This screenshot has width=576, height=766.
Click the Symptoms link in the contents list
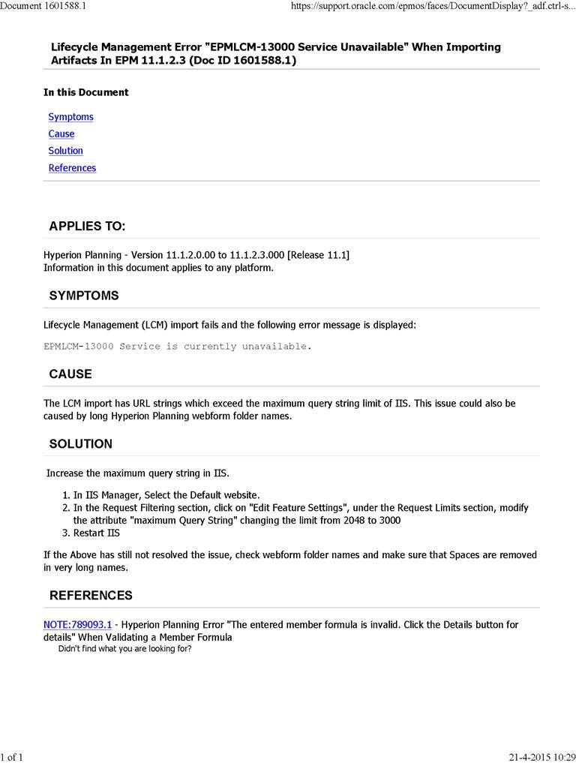[70, 117]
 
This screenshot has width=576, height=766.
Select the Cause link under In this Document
[61, 134]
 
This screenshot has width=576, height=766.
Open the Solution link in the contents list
[65, 151]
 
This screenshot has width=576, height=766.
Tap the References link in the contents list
[72, 168]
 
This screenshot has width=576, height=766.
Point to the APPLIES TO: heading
[87, 227]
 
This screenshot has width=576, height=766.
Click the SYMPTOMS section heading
[84, 296]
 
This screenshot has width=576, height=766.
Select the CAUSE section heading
[70, 374]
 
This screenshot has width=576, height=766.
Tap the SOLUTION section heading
[81, 443]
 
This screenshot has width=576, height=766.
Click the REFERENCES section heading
[91, 596]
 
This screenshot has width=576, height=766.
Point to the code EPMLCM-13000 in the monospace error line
[79, 347]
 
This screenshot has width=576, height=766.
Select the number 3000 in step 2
[388, 521]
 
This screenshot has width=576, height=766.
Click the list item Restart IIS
[97, 533]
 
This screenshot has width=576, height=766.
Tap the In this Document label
[86, 92]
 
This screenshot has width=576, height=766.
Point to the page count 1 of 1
[12, 757]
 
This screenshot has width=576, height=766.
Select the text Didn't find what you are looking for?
[124, 649]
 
